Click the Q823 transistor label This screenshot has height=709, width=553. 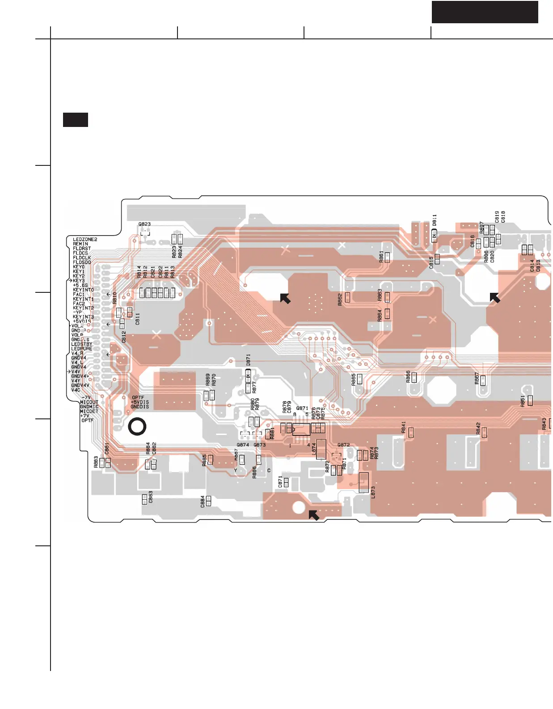click(144, 224)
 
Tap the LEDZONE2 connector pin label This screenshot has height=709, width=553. click(85, 240)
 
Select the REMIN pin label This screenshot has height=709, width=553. click(80, 244)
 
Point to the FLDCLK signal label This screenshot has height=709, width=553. click(82, 258)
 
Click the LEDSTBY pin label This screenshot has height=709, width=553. click(82, 344)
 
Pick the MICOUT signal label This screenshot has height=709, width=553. click(89, 402)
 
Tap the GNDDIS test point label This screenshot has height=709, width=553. click(139, 407)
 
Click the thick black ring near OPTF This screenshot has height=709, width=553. click(137, 427)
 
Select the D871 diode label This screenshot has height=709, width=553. click(248, 360)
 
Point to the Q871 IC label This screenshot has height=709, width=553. click(302, 408)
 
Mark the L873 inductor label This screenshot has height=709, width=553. click(373, 492)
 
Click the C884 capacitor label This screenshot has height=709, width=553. click(203, 501)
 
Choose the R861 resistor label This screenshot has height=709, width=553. click(381, 256)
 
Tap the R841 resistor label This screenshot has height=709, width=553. click(404, 427)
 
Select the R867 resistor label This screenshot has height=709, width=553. click(477, 379)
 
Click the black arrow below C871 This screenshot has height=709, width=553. click(314, 515)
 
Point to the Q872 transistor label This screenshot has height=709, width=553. click(343, 445)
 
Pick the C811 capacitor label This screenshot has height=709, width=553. click(138, 318)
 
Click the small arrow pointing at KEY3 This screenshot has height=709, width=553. click(70, 281)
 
